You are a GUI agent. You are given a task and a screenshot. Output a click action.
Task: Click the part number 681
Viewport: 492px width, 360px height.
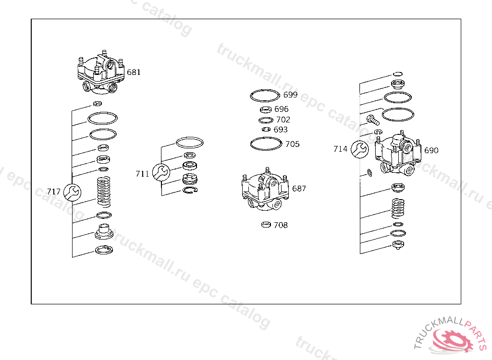coord(134,72)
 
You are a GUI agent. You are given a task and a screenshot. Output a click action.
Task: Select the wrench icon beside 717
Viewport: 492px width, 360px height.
coord(72,192)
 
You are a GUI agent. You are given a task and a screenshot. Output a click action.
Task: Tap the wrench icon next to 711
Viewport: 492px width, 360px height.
coord(161,172)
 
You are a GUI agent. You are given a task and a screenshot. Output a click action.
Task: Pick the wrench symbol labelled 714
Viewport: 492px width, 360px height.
coord(359,149)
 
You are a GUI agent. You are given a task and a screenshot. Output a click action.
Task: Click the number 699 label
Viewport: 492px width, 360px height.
coord(290,95)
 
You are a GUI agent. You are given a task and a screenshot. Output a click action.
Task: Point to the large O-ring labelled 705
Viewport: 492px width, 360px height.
coord(266,144)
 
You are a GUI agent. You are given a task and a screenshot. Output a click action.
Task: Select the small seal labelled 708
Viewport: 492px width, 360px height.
coord(266,225)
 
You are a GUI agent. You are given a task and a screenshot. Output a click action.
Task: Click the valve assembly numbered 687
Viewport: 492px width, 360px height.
coord(265,189)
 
